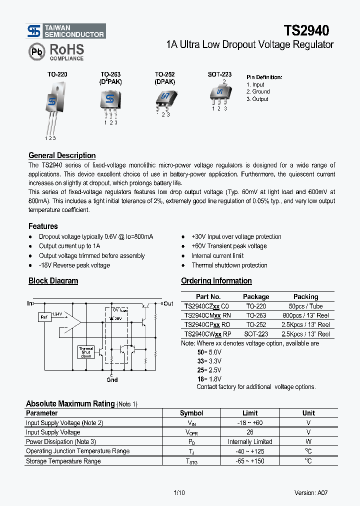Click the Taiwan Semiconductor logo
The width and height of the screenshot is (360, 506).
pos(66,31)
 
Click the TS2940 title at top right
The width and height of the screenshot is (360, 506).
pos(306,31)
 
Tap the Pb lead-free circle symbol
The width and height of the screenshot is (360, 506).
pos(36,51)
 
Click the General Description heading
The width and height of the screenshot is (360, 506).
pos(62,155)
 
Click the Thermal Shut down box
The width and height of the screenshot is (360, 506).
pos(85,352)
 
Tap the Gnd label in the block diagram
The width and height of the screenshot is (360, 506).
pos(112,379)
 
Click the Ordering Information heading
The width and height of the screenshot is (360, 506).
pos(216,281)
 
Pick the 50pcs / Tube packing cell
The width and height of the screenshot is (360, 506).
pos(305,306)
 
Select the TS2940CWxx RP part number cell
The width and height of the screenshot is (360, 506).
pos(208,334)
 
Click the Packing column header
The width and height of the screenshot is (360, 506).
pos(305,296)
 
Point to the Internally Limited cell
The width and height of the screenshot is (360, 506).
pos(250,441)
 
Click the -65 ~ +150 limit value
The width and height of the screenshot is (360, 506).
pos(250,461)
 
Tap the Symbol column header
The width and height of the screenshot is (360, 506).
pos(191,413)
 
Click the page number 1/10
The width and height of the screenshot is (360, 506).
pos(179,492)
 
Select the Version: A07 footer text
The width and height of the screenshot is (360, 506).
pos(311,492)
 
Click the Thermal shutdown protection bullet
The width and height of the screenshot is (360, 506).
pos(229,265)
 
